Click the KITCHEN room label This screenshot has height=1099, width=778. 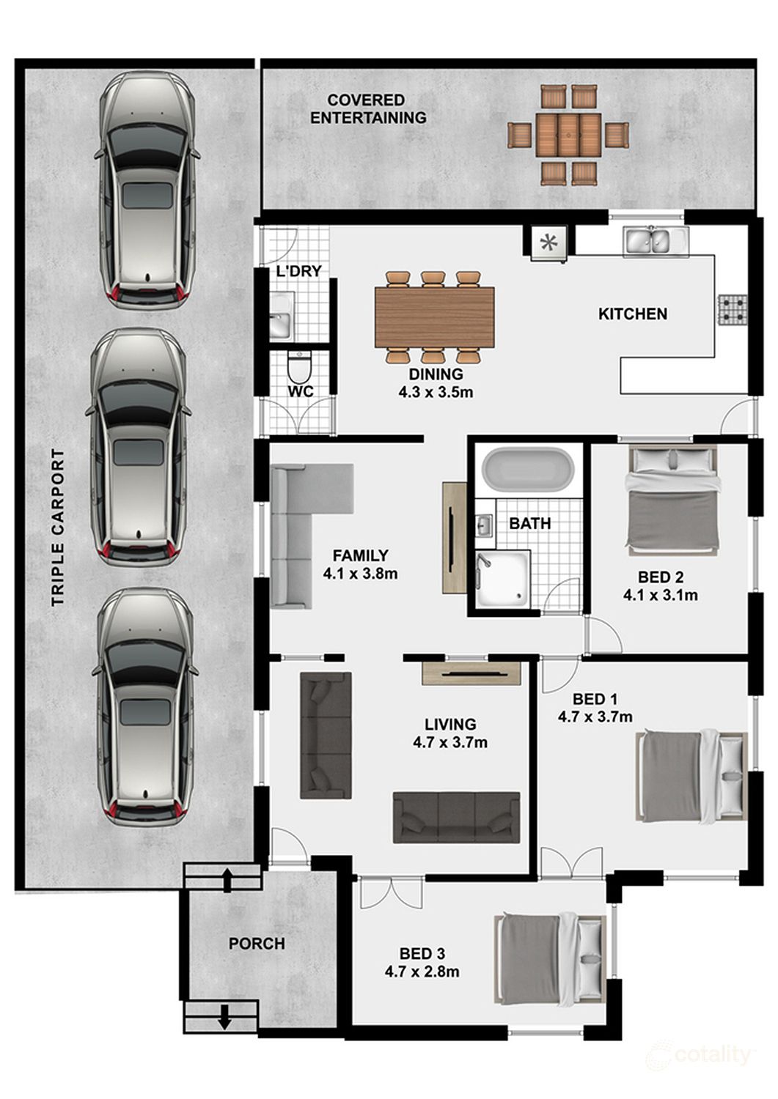(633, 314)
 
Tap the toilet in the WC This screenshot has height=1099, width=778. (298, 366)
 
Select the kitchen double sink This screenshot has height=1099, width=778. (656, 241)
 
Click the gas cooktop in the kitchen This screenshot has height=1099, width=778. (733, 310)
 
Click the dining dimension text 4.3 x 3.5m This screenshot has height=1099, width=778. (436, 393)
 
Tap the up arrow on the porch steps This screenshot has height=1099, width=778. (227, 881)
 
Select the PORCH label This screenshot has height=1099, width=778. (257, 944)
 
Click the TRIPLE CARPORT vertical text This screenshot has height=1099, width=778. (58, 528)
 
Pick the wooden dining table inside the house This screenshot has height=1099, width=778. (435, 317)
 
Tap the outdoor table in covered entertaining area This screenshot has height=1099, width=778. (568, 135)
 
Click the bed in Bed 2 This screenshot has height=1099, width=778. (672, 501)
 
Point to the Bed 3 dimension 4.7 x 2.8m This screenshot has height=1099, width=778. (422, 972)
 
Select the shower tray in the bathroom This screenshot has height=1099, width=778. (503, 580)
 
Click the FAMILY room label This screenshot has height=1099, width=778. (361, 555)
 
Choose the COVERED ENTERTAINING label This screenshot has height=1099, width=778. (368, 109)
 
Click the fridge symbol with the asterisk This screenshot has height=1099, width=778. (549, 243)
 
